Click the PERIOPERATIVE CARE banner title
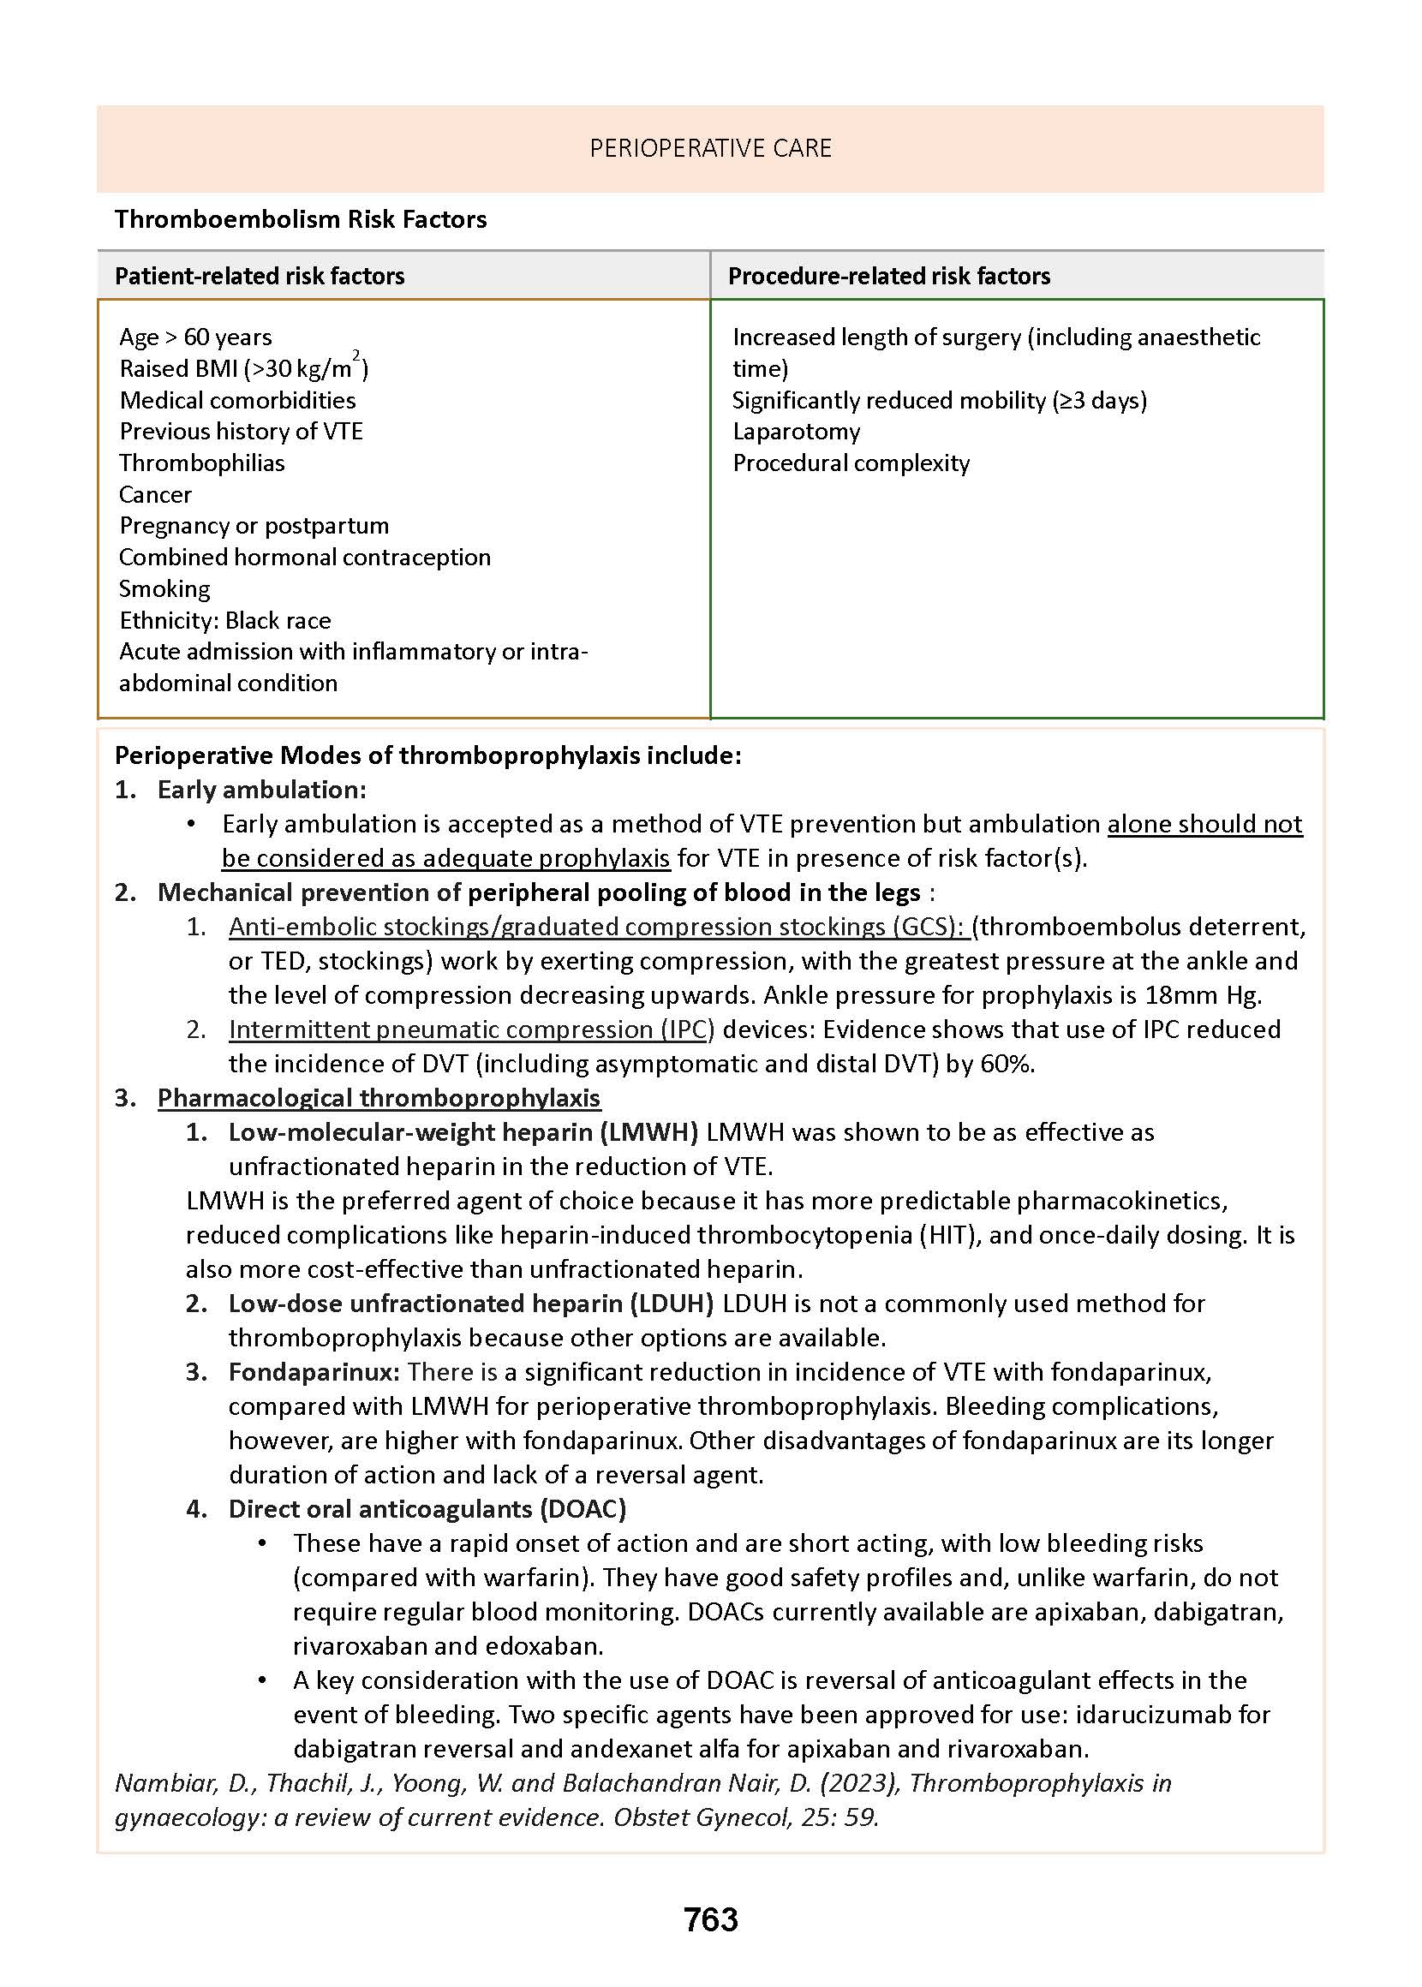click(x=710, y=148)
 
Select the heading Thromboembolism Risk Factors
click(x=301, y=219)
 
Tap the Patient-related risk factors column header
click(x=260, y=276)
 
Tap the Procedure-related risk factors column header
click(x=889, y=276)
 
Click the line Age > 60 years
click(x=195, y=337)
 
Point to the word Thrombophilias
click(x=201, y=462)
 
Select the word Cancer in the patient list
click(x=155, y=494)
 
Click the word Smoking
click(x=164, y=588)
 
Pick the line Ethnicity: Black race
click(x=225, y=620)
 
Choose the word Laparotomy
click(x=796, y=431)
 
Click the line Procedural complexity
click(x=851, y=462)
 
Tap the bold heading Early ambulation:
click(x=261, y=790)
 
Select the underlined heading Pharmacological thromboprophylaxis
click(x=379, y=1098)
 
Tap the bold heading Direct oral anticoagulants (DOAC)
click(x=427, y=1509)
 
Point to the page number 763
click(x=710, y=1919)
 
